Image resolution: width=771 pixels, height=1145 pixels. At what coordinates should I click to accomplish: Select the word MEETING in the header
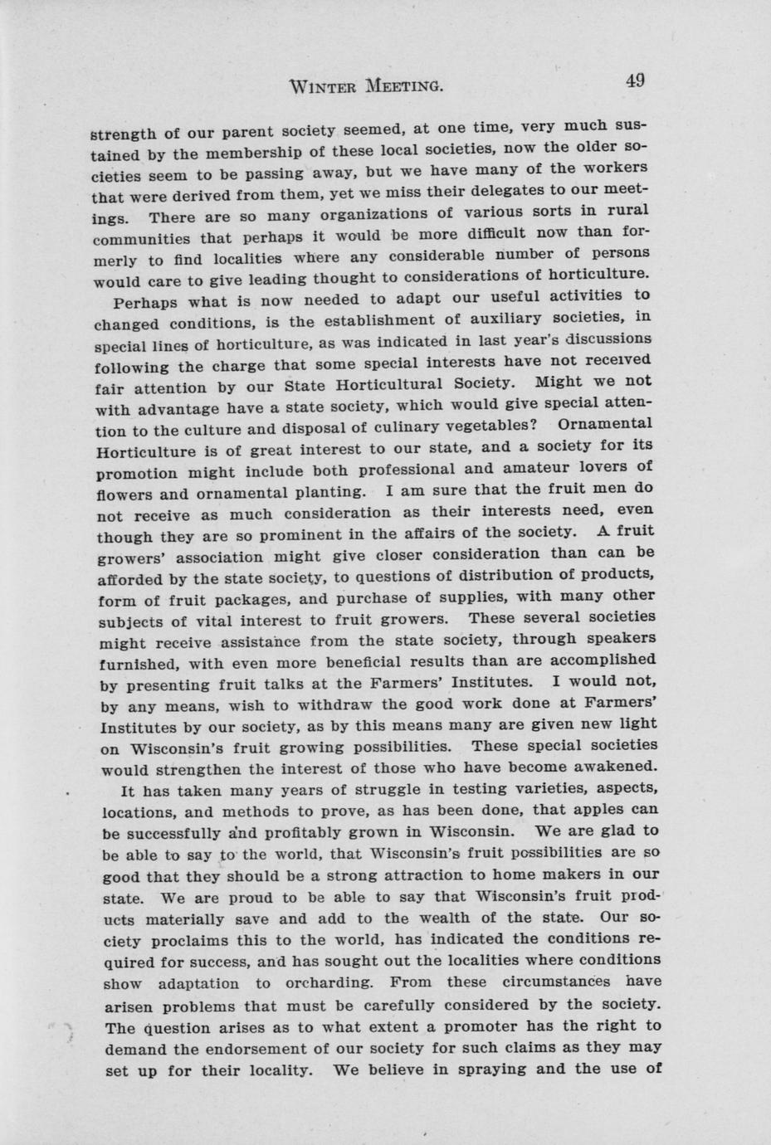(x=403, y=85)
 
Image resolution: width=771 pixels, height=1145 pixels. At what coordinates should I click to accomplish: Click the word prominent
(x=271, y=534)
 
